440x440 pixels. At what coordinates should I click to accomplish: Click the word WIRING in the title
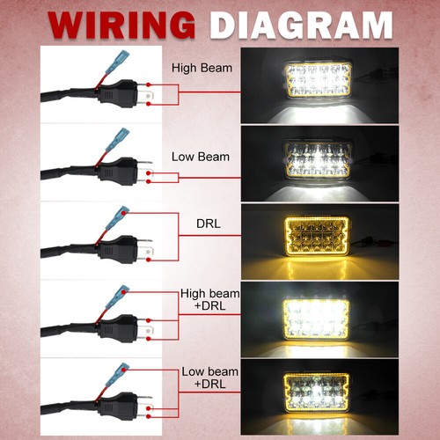122,26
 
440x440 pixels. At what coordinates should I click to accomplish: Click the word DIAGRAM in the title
302,26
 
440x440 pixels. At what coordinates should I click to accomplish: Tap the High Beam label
202,68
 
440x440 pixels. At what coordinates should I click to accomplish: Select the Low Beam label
201,157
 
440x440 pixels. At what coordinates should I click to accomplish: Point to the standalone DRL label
209,224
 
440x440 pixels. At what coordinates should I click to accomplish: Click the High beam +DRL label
209,299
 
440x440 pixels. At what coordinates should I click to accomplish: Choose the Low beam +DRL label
209,378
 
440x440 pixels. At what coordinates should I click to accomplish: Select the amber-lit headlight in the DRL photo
317,237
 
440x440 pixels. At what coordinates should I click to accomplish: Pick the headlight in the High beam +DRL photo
317,318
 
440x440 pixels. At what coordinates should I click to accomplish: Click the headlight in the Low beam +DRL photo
317,392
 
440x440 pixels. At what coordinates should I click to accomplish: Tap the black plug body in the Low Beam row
117,171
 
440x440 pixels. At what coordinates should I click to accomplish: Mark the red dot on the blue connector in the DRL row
125,212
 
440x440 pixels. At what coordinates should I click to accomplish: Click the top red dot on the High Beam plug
149,84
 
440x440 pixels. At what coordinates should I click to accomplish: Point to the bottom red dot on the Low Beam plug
149,181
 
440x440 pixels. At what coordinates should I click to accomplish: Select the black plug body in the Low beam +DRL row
117,406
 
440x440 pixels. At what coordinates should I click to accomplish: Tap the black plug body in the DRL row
117,249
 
